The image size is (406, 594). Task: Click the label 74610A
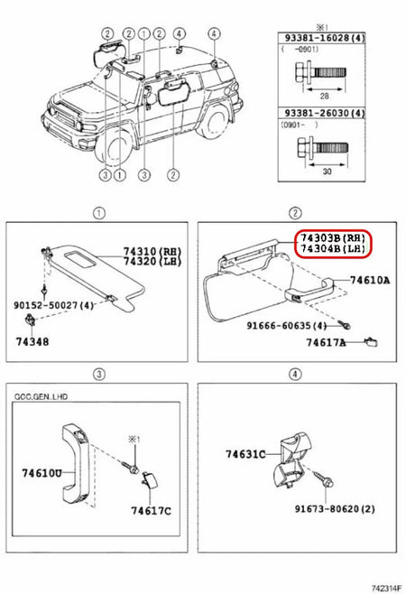(x=369, y=281)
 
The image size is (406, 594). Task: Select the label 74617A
(x=326, y=343)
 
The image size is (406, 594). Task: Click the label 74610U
(x=42, y=472)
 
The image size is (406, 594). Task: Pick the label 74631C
(x=243, y=454)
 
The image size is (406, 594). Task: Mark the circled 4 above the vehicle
(x=214, y=33)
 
